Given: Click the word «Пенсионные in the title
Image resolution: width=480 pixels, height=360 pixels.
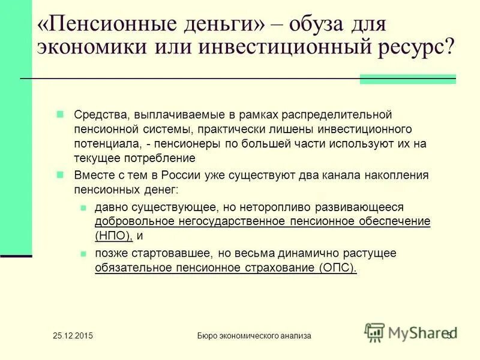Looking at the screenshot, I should click(x=100, y=25).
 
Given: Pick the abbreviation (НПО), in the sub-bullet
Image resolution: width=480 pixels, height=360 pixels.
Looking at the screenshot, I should click(x=113, y=236).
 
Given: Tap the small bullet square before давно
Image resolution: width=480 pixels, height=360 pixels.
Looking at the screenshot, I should click(x=85, y=207).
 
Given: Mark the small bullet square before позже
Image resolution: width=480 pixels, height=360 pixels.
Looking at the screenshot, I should click(x=85, y=253).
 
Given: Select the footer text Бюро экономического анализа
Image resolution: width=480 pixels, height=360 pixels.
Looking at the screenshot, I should click(x=254, y=336).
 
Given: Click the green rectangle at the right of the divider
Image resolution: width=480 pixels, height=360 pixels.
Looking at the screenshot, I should click(x=408, y=79).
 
